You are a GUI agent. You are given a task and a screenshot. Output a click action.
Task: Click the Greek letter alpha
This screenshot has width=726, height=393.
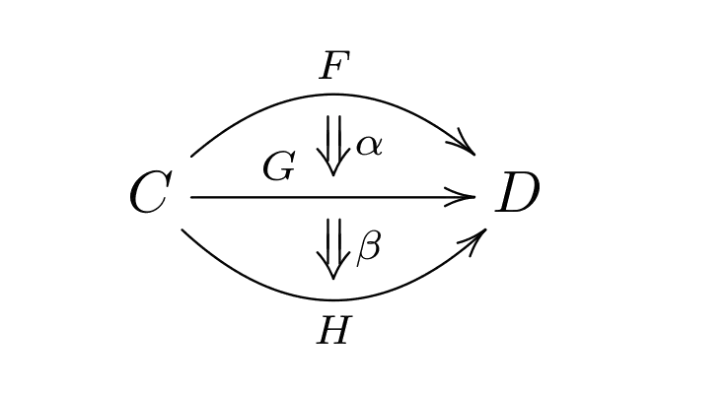[370, 146]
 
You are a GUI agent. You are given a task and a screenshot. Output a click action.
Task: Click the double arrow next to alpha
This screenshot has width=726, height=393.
[333, 144]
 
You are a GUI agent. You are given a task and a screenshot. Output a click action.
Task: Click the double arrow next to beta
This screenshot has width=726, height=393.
[333, 246]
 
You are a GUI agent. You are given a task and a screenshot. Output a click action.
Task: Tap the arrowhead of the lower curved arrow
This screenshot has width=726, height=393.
[479, 236]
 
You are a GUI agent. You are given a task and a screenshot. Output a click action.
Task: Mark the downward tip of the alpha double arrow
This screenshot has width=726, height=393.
[333, 177]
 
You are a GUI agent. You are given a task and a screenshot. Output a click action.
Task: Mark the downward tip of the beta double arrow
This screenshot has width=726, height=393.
[333, 279]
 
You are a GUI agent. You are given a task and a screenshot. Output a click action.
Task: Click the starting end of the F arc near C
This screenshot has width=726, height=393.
[191, 155]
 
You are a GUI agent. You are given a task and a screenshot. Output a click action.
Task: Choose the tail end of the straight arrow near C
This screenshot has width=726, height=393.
[191, 197]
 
